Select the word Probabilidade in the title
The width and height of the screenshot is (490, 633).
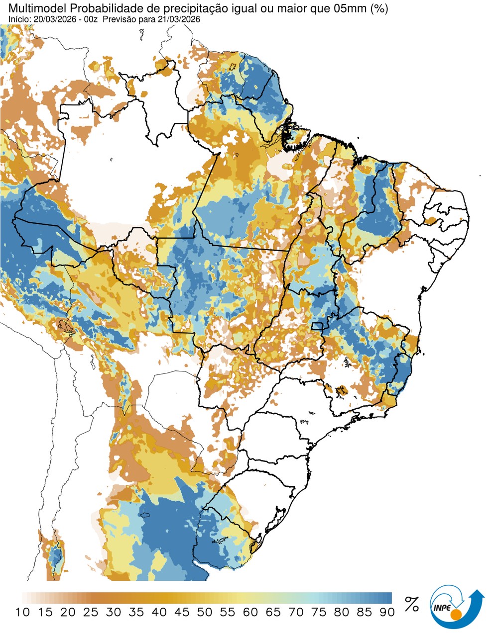click(x=102, y=8)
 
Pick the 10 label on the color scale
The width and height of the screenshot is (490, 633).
click(x=22, y=612)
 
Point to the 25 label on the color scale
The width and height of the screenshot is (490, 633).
click(x=91, y=612)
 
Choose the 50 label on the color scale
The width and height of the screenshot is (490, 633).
click(x=205, y=612)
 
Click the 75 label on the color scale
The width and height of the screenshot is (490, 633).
click(x=319, y=612)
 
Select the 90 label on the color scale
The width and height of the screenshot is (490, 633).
click(x=387, y=612)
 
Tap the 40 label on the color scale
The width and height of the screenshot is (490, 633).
click(x=159, y=612)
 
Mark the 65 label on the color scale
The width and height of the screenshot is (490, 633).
click(x=273, y=612)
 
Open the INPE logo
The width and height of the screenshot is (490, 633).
click(x=456, y=606)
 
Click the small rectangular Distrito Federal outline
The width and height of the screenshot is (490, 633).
click(x=317, y=326)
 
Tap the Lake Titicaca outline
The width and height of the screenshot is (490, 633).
click(x=64, y=326)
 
